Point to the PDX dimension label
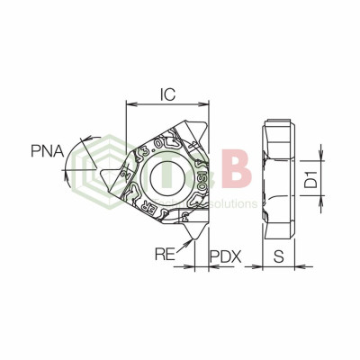pos(225,256)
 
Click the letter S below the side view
pos(279,256)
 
